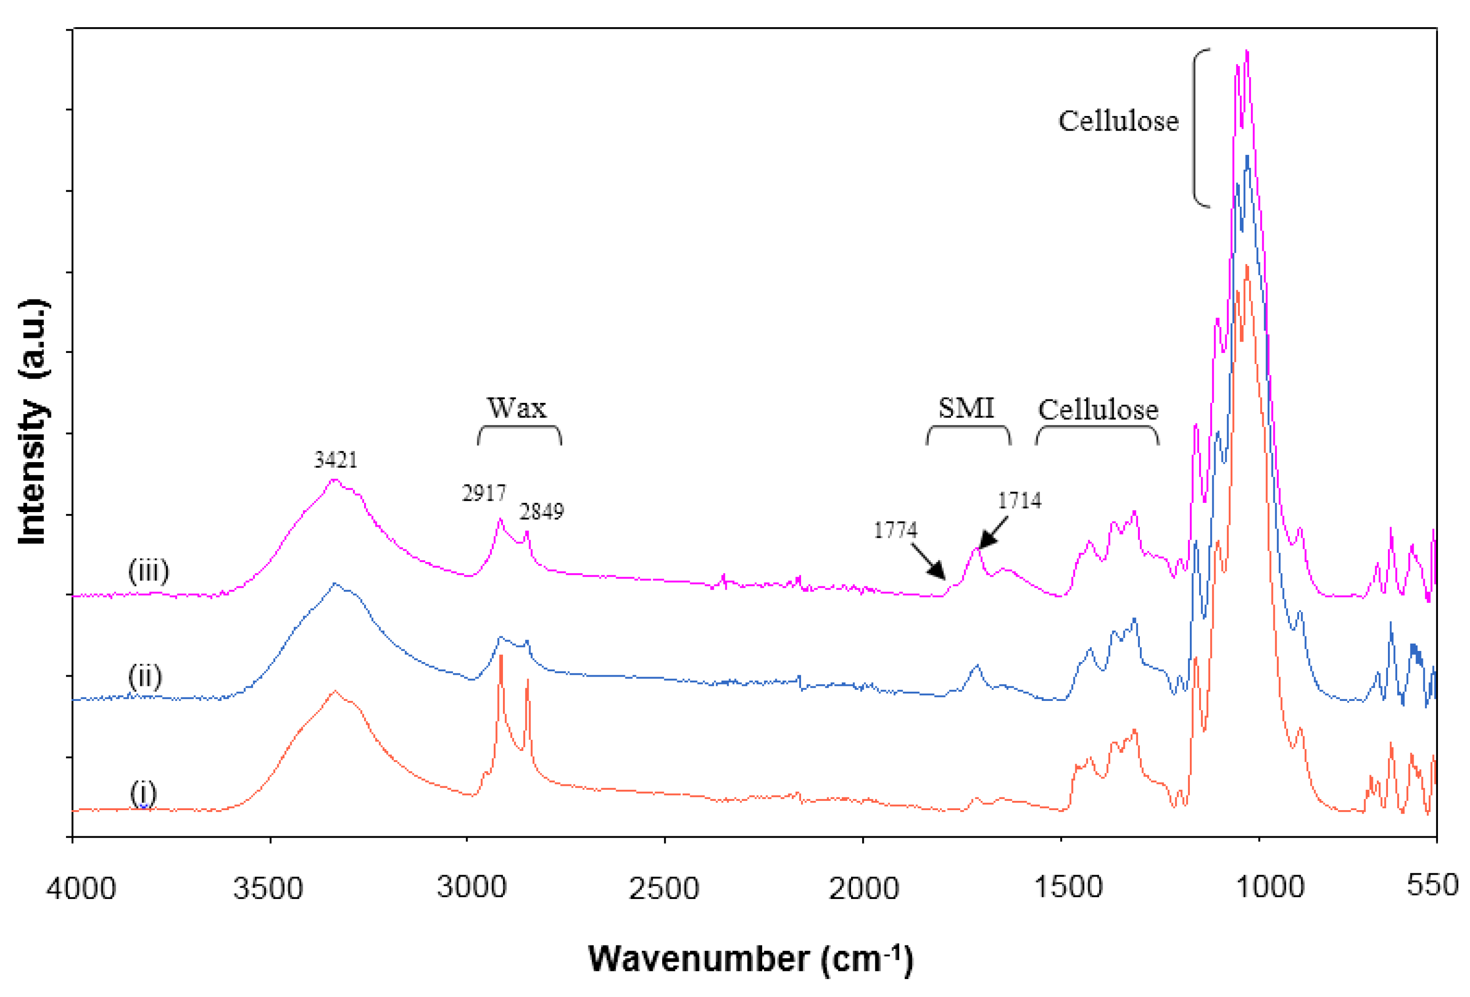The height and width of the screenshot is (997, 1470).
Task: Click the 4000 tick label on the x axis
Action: [x=81, y=888]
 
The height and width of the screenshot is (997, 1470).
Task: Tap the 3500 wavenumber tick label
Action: [x=268, y=888]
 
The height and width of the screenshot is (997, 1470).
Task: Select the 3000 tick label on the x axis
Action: [x=472, y=887]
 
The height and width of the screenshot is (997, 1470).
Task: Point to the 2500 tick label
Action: [x=664, y=888]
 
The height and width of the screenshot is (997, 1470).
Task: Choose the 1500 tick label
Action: [x=1068, y=887]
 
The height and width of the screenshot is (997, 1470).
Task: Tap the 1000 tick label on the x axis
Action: [x=1270, y=887]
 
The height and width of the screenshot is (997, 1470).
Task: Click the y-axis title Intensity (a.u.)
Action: [x=33, y=421]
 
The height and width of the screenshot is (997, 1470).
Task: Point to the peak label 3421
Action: [x=336, y=460]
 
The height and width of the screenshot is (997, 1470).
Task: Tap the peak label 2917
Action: [x=484, y=493]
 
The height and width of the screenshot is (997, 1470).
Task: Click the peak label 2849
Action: [x=541, y=511]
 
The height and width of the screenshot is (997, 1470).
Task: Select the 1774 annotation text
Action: [x=895, y=530]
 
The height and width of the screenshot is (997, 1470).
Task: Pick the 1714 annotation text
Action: [x=1019, y=500]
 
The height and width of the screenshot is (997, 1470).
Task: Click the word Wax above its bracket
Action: [x=516, y=408]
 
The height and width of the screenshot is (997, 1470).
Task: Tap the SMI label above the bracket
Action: [x=966, y=408]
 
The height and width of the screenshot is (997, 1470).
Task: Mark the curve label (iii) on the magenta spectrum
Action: [x=149, y=571]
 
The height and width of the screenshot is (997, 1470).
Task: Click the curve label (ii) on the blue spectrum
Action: [x=145, y=677]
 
